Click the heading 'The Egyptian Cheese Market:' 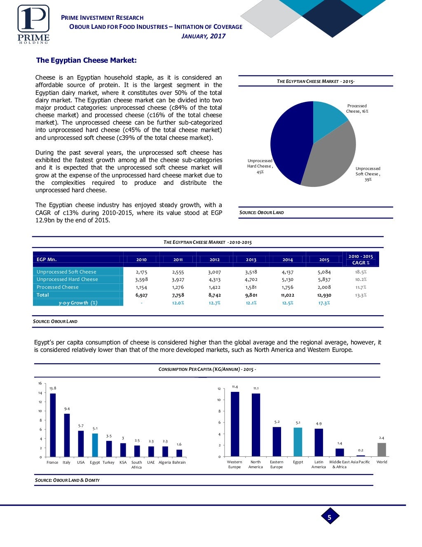[x=86, y=60]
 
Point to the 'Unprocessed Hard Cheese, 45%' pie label [x=260, y=166]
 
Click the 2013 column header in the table [x=251, y=259]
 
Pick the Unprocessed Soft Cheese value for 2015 [x=324, y=272]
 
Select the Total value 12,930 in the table [x=324, y=295]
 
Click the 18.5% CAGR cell [x=361, y=272]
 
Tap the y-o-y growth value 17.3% [x=324, y=303]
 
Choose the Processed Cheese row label [x=58, y=287]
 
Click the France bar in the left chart [x=53, y=425]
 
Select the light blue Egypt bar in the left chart [x=95, y=445]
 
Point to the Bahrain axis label [x=179, y=462]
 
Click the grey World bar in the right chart [x=382, y=450]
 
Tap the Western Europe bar [x=234, y=424]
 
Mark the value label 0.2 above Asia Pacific [x=361, y=450]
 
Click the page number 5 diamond [x=329, y=517]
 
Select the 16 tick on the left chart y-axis [x=40, y=384]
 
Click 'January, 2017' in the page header [x=204, y=36]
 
